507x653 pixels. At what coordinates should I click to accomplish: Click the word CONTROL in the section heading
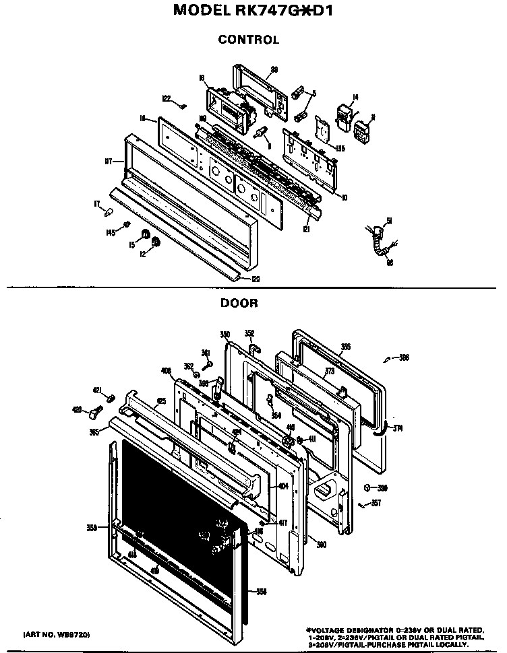click(248, 40)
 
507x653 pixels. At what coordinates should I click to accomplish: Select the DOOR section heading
click(239, 303)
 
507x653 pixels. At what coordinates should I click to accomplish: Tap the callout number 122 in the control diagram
click(167, 99)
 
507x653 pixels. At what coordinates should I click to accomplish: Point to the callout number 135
click(341, 148)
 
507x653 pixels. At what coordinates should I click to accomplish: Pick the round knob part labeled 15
click(143, 235)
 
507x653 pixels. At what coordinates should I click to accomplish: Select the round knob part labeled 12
click(155, 242)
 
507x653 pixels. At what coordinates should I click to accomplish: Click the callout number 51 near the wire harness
click(388, 219)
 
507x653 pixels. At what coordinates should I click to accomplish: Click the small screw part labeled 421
click(112, 394)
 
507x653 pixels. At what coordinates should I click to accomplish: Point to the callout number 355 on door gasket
click(345, 347)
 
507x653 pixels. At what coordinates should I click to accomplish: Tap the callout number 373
click(330, 371)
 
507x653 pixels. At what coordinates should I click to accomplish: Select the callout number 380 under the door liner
click(322, 544)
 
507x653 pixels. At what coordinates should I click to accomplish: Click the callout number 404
click(283, 485)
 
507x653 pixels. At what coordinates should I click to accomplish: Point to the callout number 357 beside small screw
click(376, 503)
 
